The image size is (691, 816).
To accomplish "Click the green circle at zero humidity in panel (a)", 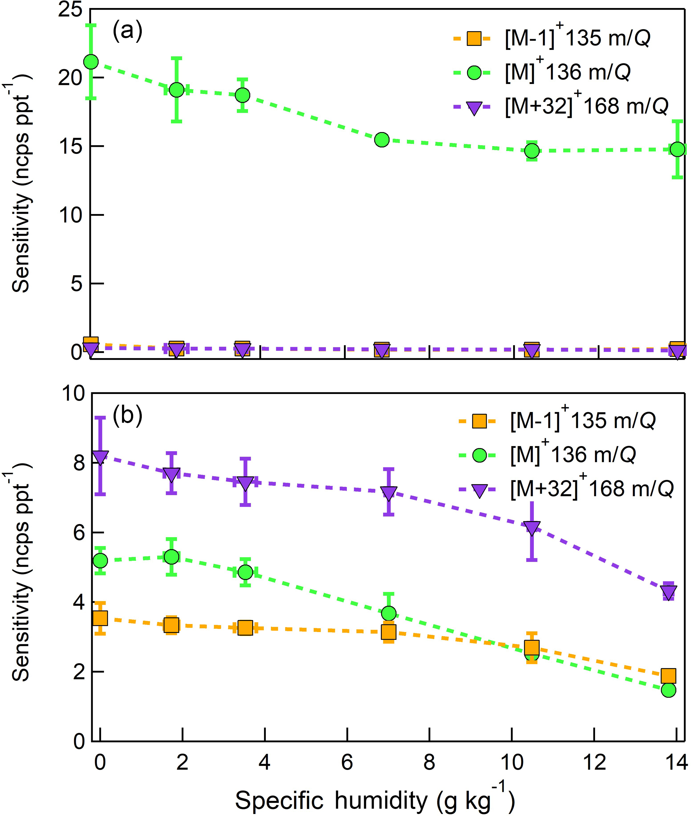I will point(91,62).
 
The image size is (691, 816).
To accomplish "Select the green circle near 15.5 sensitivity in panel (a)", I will point(381,139).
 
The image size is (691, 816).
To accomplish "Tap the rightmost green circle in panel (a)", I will point(677,149).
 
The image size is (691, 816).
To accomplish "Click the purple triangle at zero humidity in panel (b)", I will point(100,457).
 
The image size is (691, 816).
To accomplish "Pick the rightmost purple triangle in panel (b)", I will point(668,591).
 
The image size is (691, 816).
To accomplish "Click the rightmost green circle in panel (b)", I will point(668,690).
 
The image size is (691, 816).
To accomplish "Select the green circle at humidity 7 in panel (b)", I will point(388,613).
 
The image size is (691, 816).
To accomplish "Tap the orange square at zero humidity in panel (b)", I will point(100,618).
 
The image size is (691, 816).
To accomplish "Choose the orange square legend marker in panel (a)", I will point(474,38).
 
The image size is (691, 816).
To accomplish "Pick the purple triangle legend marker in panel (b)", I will point(479,490).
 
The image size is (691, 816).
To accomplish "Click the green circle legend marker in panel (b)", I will point(479,455).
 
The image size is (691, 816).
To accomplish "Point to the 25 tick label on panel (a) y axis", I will point(71,9).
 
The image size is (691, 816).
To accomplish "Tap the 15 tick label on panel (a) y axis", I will point(71,146).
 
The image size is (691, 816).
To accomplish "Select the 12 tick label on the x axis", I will point(594,762).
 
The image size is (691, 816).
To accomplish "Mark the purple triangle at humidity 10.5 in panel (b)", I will point(532,528).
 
